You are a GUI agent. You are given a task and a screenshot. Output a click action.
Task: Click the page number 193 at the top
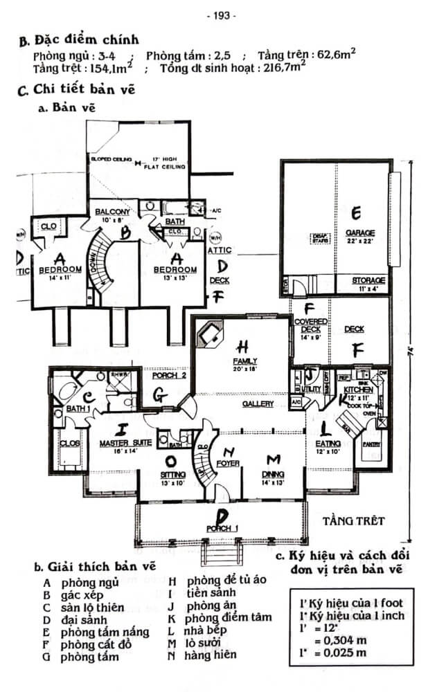[221, 15]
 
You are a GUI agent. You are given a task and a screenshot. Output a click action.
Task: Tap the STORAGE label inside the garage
[363, 280]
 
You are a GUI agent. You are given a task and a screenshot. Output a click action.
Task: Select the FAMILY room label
[245, 361]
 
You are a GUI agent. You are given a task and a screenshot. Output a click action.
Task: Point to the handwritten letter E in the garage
[357, 212]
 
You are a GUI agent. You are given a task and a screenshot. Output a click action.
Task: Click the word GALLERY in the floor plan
[257, 403]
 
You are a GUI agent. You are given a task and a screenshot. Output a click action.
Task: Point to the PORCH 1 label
[222, 529]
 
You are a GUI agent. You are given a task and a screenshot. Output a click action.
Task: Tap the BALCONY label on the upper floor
[114, 212]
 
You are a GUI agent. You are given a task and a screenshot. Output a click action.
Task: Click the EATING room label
[328, 442]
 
